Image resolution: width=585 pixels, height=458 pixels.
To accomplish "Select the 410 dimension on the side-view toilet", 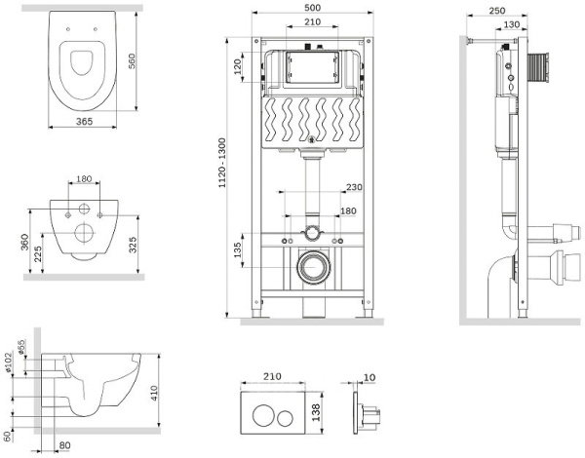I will (x=153, y=393).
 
